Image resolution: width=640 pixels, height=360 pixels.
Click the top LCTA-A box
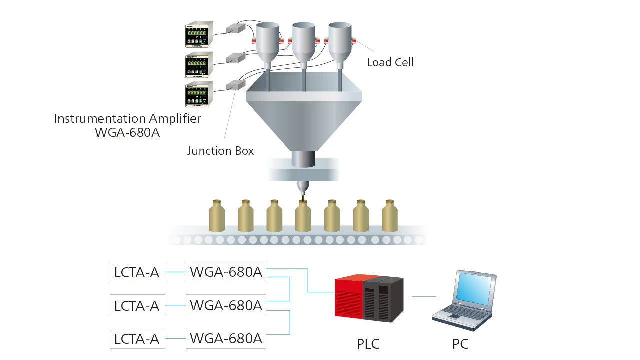point(137,272)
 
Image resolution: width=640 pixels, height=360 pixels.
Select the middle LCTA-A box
point(137,305)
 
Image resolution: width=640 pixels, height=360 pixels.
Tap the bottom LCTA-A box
point(137,338)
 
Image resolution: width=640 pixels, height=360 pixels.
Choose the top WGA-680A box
point(226,272)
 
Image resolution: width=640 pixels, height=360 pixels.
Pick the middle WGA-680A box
point(226,305)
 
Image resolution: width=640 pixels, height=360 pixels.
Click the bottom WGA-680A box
point(226,338)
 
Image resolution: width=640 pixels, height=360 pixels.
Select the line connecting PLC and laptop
point(423,298)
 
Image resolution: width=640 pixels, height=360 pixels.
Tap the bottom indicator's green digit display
point(196,92)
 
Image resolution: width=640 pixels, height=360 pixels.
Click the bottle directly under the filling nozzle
point(303,216)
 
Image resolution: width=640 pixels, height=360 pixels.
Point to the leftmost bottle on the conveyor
point(217,216)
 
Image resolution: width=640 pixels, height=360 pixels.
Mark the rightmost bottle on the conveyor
point(390,216)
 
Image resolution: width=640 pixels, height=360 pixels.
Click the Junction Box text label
point(220,150)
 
